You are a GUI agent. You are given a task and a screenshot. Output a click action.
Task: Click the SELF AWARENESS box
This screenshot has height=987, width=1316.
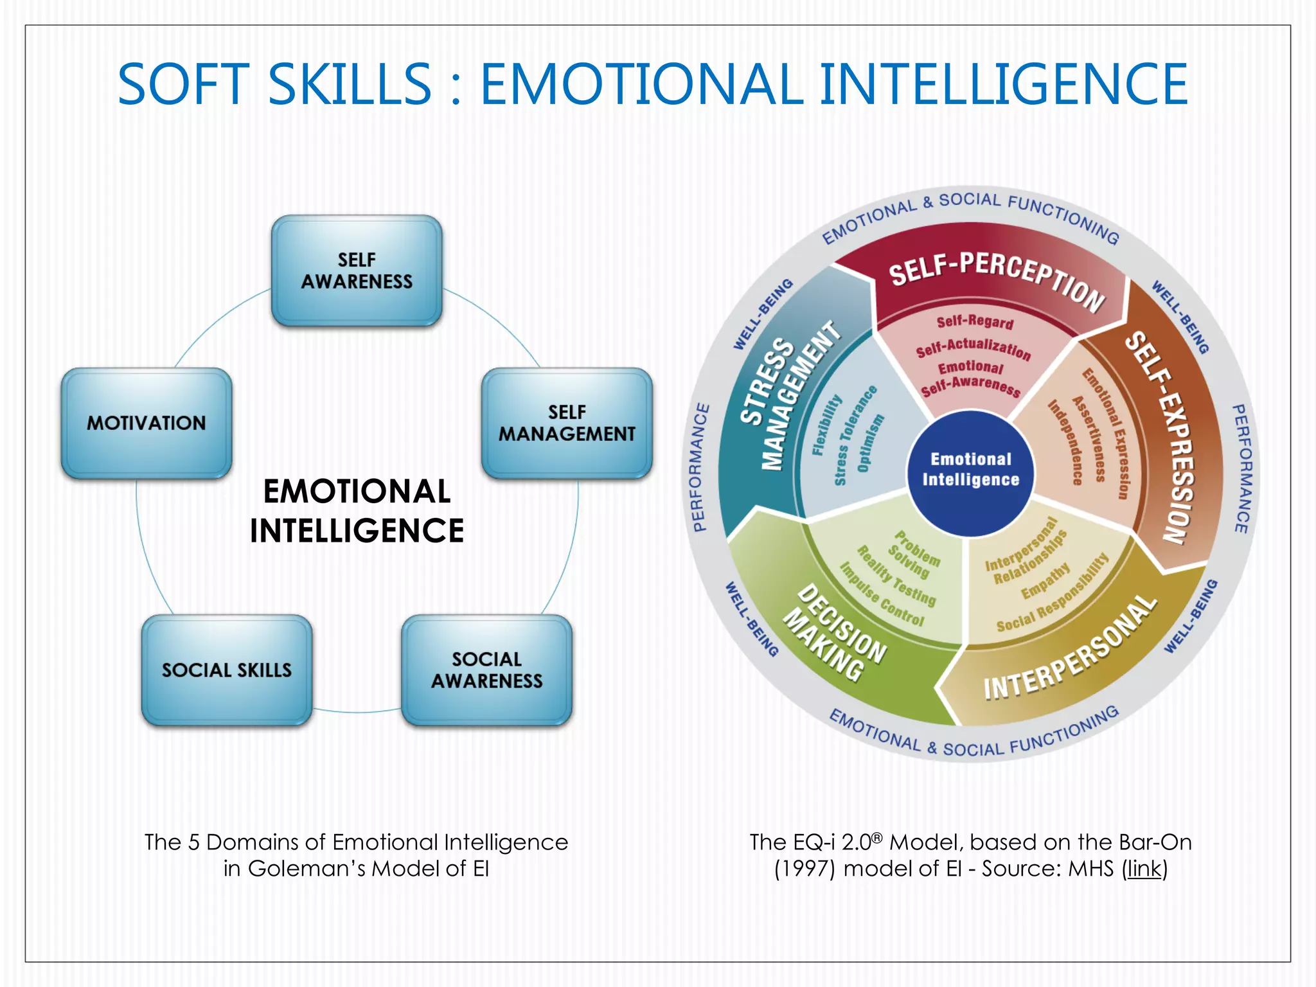(357, 271)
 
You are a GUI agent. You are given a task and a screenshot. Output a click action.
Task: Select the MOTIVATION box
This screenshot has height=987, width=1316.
(147, 423)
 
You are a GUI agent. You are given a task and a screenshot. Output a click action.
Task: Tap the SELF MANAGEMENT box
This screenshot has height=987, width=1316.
(567, 423)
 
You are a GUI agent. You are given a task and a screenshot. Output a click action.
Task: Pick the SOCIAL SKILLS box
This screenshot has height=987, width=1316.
(227, 670)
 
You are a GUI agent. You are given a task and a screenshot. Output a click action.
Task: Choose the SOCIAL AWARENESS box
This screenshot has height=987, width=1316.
(486, 670)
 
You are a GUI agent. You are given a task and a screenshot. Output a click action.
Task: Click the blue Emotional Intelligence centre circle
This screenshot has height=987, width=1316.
(970, 470)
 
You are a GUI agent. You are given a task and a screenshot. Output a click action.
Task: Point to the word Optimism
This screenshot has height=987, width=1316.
(870, 443)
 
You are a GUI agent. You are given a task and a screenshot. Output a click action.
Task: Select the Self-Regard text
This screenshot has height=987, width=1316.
(975, 321)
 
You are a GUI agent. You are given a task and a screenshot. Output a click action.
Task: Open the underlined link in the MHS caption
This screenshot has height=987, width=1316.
(1144, 869)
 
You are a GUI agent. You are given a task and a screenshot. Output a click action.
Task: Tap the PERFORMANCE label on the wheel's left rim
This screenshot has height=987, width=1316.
(702, 468)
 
